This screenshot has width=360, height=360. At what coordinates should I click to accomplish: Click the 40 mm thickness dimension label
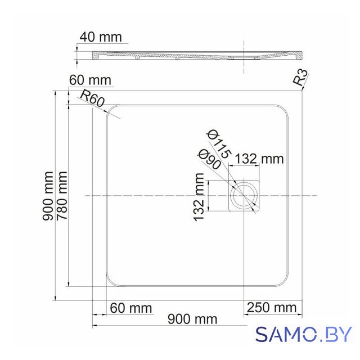coord(101,37)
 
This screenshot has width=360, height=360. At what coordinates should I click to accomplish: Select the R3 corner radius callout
coord(300,78)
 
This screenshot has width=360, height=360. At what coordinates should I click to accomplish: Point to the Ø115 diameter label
coord(218,144)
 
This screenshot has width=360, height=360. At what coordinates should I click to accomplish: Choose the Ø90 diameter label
coord(209,159)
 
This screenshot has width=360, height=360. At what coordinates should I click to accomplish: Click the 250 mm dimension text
coord(272,308)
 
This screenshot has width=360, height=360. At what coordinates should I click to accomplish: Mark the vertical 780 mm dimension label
coord(62,195)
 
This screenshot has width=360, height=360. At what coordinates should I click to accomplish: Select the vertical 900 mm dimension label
coord(48,196)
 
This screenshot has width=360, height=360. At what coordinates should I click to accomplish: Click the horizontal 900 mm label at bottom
coord(192,319)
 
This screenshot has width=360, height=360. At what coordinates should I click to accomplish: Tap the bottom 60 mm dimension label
coord(131,308)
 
